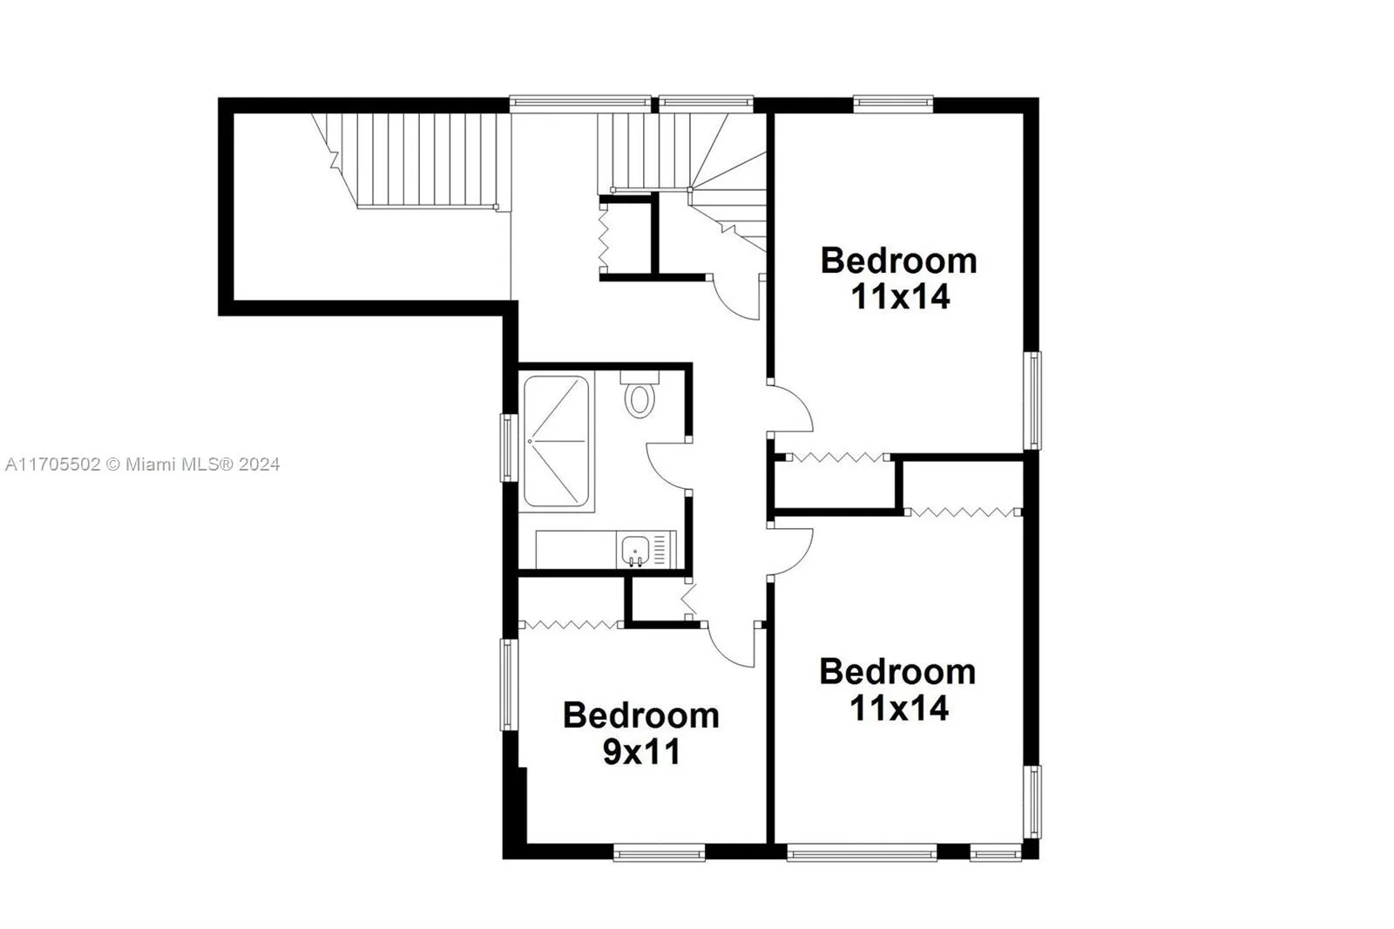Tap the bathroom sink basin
point(635,551)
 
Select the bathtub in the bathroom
point(556,442)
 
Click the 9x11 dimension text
point(641,751)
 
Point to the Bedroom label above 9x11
point(641,715)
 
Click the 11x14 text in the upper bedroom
point(900,297)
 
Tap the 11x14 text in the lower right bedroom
point(899,708)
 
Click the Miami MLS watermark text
point(142,464)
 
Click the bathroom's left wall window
point(509,447)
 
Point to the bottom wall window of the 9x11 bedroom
point(659,852)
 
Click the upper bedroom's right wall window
point(1032,400)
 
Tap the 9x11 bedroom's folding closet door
point(570,624)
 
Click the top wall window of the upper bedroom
point(893,103)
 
